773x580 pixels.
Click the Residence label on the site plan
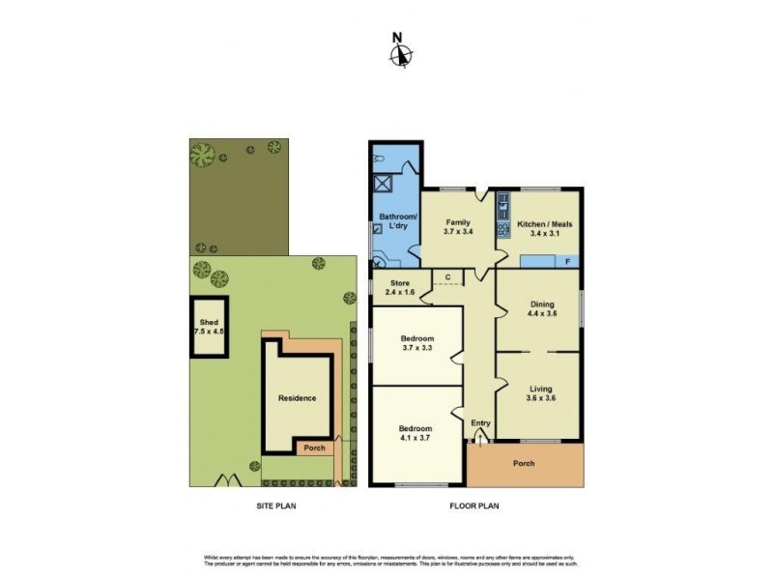click(x=297, y=397)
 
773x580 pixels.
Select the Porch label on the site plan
click(x=314, y=448)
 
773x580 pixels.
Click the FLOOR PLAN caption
click(x=473, y=506)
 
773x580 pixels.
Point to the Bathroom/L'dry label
click(x=397, y=220)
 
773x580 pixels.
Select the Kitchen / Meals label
click(x=545, y=228)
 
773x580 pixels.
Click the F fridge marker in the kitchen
click(x=567, y=261)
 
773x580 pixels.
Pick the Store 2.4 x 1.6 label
click(x=399, y=287)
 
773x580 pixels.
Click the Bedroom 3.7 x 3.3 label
click(x=417, y=343)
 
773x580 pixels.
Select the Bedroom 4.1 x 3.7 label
click(x=417, y=432)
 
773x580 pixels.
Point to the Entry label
click(x=480, y=422)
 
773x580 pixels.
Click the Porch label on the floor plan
click(x=524, y=463)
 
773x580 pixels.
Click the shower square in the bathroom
click(x=383, y=181)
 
